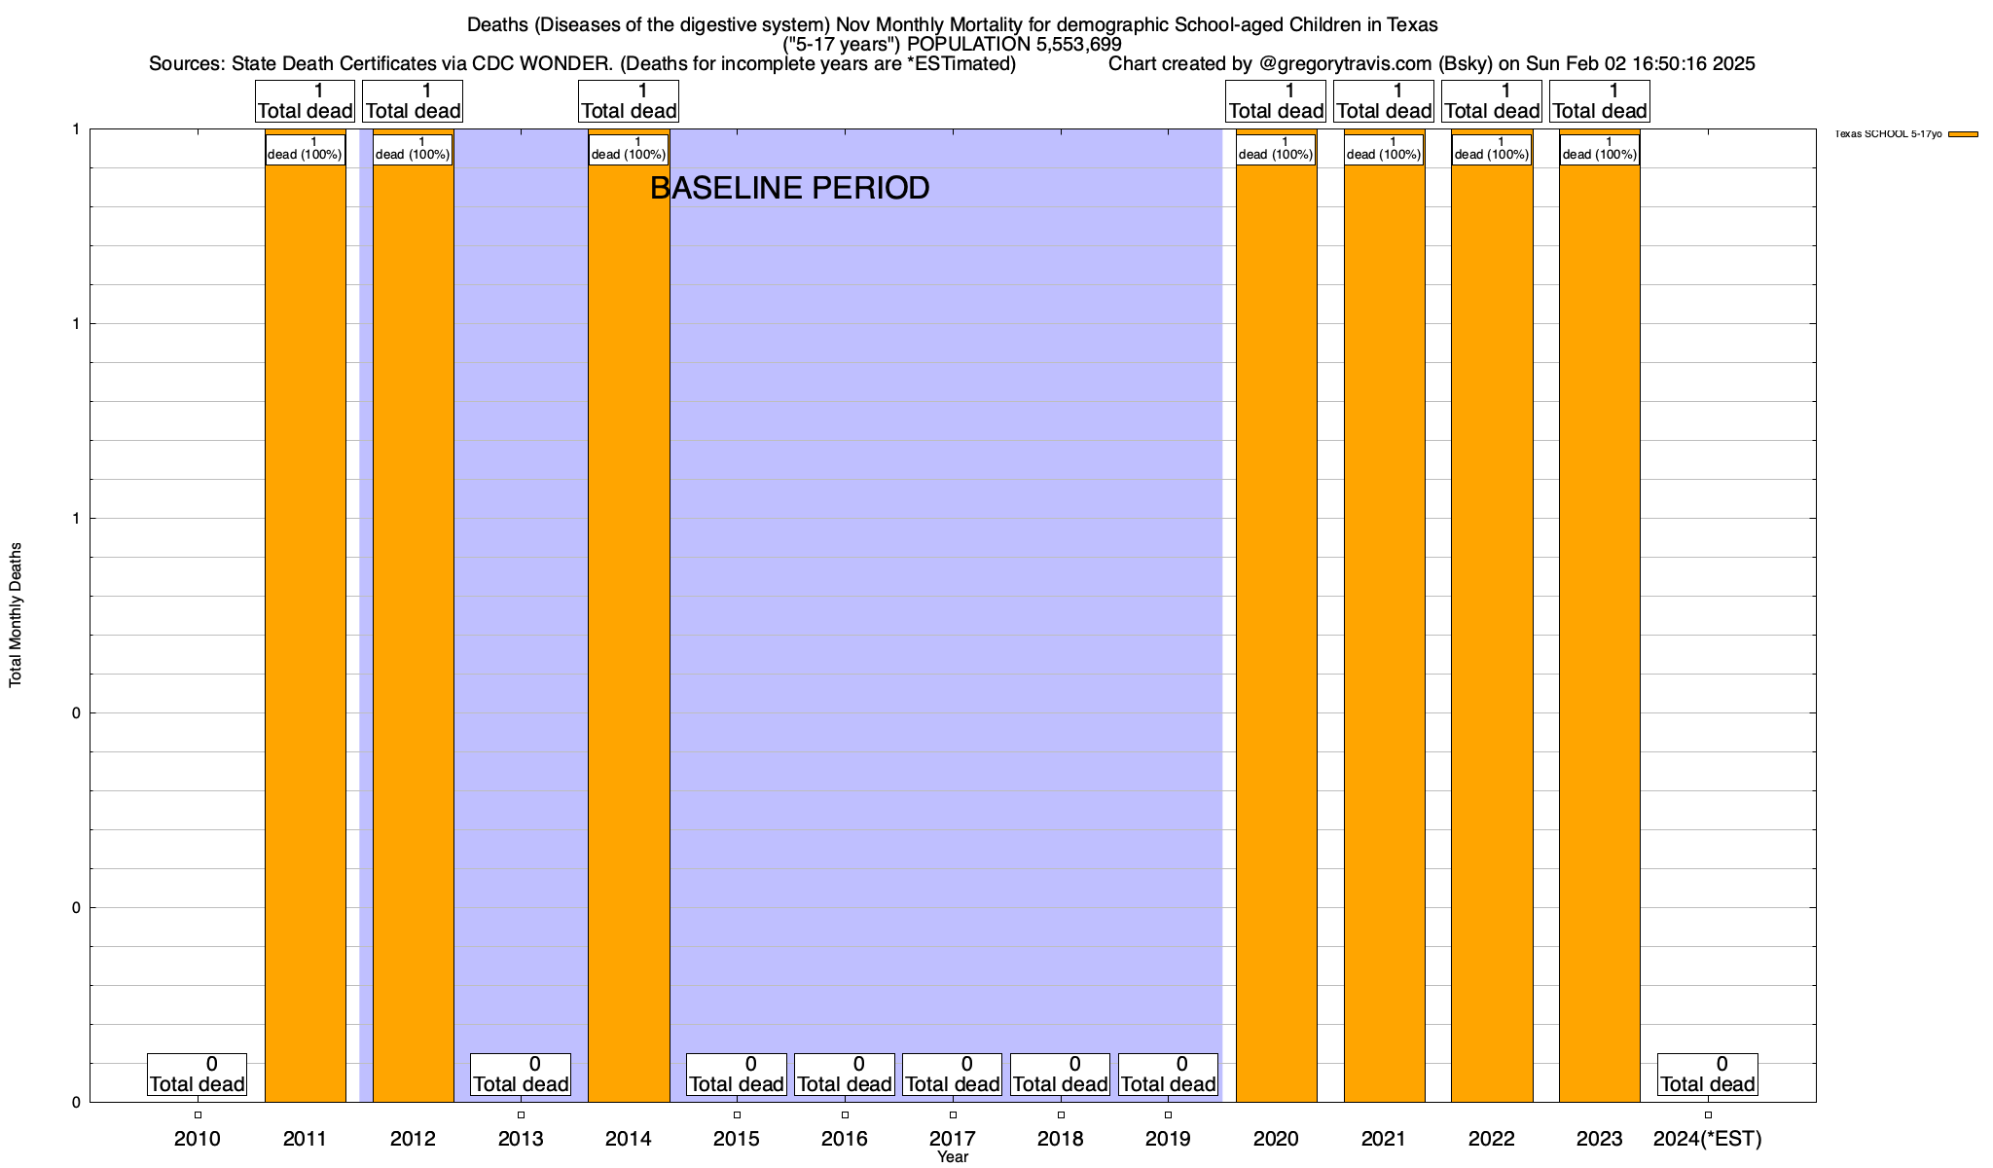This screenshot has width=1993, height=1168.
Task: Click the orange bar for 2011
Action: tap(306, 633)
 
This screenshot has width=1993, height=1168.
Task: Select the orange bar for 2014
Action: tap(629, 633)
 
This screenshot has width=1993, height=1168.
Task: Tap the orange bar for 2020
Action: tap(1276, 633)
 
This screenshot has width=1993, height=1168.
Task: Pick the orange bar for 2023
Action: tap(1599, 633)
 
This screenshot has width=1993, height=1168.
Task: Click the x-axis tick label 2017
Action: tap(953, 1138)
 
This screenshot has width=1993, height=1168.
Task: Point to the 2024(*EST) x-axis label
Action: tap(1707, 1138)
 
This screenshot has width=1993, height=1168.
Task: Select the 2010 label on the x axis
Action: tap(198, 1138)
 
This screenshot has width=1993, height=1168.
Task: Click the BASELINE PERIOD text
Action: tap(789, 188)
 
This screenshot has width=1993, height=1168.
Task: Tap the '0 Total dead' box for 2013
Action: tap(521, 1075)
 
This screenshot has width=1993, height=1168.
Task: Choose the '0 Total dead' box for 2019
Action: tap(1168, 1075)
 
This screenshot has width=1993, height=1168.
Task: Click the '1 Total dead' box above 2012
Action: tap(413, 101)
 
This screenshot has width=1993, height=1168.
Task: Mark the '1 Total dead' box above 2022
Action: tap(1491, 101)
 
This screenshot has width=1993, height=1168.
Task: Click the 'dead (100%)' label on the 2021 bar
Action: tap(1384, 149)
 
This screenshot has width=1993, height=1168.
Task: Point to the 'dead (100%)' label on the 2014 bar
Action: tap(629, 149)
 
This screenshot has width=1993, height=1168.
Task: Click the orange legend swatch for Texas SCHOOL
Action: tap(1963, 134)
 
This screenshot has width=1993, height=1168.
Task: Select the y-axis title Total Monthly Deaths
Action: tap(16, 615)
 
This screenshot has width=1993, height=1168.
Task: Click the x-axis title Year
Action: tap(953, 1157)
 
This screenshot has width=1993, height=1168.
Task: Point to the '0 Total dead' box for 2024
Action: tap(1707, 1075)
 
